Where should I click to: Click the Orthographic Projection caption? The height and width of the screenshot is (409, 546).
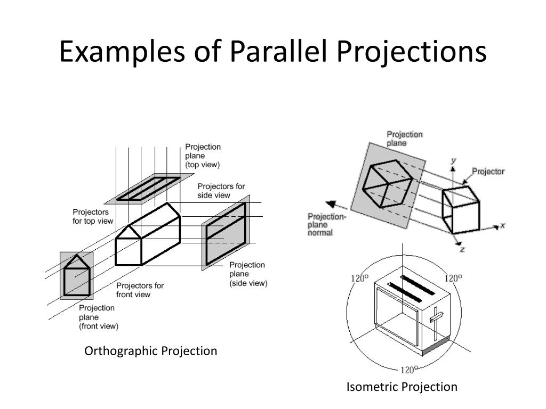click(151, 351)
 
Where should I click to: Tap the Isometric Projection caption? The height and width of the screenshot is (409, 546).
click(402, 387)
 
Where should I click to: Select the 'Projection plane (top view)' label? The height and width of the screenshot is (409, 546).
click(203, 156)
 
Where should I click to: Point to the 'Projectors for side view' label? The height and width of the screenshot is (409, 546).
click(221, 191)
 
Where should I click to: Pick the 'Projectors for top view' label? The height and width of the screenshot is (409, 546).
click(93, 216)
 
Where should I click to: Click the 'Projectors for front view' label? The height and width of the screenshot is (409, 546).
click(140, 290)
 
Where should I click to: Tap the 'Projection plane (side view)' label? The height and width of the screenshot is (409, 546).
click(248, 274)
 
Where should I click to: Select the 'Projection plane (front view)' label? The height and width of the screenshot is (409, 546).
click(99, 317)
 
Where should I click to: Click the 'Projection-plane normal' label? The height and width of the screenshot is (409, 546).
click(326, 224)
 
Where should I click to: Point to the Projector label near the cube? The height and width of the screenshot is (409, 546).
click(488, 171)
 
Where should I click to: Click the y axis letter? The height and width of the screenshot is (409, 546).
click(453, 160)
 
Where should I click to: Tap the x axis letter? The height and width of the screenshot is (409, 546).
click(502, 226)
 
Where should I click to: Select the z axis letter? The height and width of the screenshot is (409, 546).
click(462, 249)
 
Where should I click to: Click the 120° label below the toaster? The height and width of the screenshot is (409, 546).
click(408, 370)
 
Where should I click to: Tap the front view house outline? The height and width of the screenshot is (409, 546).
click(76, 275)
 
